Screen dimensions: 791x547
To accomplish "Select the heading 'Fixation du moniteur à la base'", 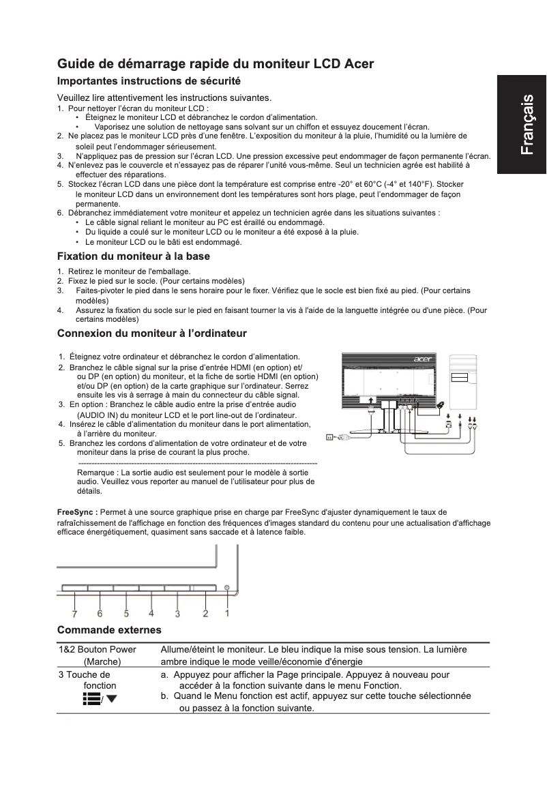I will point(133,256).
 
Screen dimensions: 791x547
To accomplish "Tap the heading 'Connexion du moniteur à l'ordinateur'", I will point(151,333).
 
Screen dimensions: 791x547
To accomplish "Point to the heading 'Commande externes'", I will point(109,629).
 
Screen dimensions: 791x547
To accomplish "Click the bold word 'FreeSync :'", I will point(77,511).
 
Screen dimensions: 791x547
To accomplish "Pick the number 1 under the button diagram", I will point(227,613).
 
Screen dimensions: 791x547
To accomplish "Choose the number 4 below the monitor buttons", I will point(151,613).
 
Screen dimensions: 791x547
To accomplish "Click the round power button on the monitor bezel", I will point(226,587).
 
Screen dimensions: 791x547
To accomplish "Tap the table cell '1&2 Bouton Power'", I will point(98,649).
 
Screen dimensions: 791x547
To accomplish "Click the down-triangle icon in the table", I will point(111,699).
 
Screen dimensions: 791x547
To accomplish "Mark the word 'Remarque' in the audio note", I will point(96,472).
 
